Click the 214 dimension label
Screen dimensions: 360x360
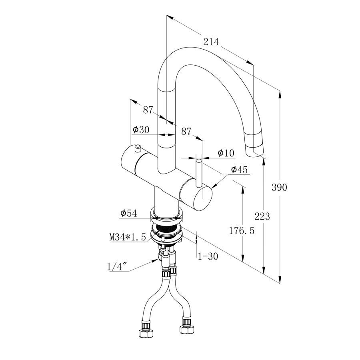pyautogui.click(x=212, y=42)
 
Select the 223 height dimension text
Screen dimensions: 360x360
pyautogui.click(x=262, y=216)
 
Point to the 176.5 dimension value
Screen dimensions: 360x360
pyautogui.click(x=241, y=230)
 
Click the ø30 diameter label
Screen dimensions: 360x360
pyautogui.click(x=141, y=130)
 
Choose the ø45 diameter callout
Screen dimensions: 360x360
pyautogui.click(x=240, y=170)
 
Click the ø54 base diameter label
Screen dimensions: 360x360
pyautogui.click(x=129, y=214)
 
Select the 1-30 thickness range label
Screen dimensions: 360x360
pyautogui.click(x=208, y=256)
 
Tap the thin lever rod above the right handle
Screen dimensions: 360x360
pyautogui.click(x=199, y=172)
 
